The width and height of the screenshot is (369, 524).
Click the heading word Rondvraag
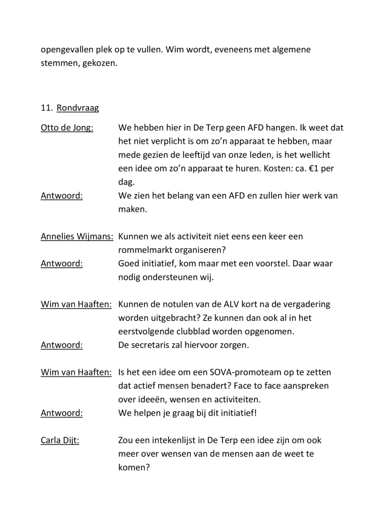point(78,108)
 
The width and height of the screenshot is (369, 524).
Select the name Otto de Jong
point(67,129)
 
